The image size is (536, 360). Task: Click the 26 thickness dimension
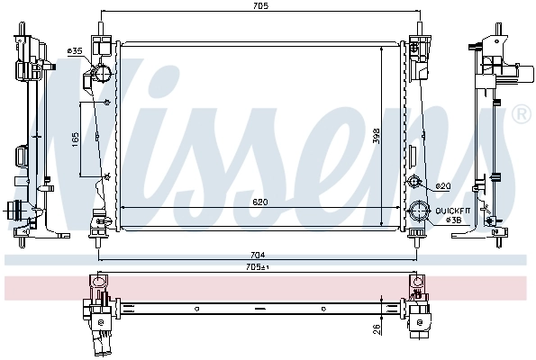(377, 328)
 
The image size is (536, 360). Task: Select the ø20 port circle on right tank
(415, 184)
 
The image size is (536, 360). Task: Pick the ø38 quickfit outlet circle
(418, 213)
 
